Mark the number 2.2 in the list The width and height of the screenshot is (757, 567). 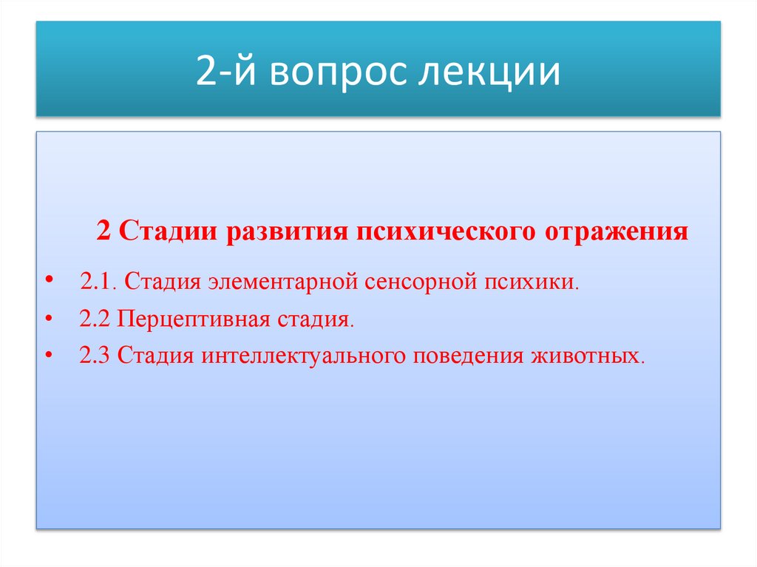tap(95, 320)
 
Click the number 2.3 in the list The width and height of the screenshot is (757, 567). tap(95, 356)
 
